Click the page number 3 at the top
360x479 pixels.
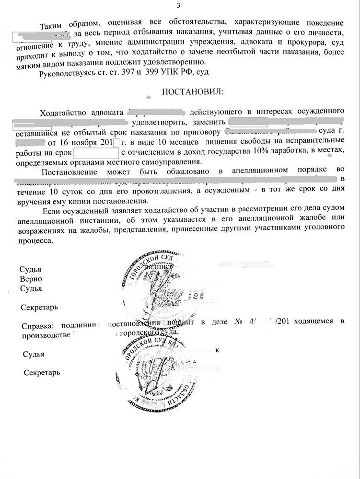(x=179, y=6)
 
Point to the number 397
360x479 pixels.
(x=121, y=72)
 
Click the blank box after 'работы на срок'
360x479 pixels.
(x=95, y=153)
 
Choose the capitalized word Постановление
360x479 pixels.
(x=70, y=171)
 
